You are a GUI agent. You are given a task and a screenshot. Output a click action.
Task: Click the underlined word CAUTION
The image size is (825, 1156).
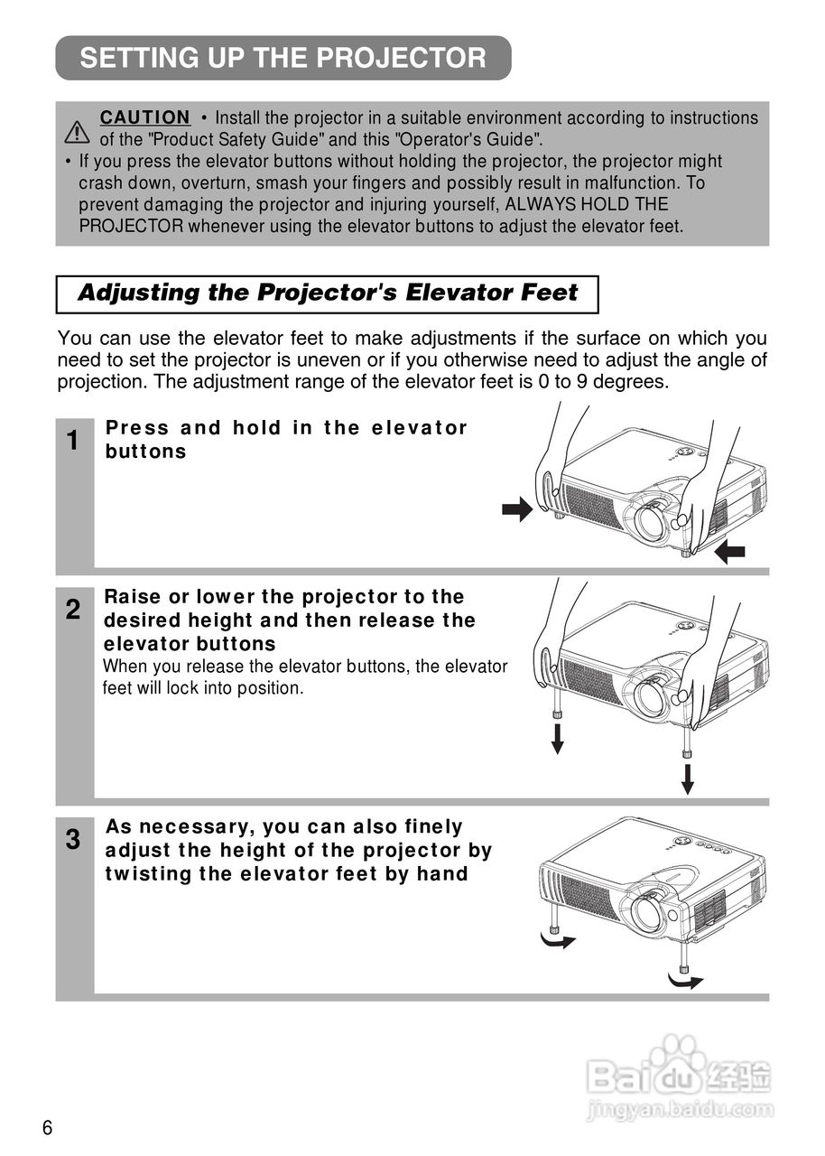click(145, 117)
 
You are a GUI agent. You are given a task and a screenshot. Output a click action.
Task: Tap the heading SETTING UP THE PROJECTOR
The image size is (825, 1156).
click(283, 59)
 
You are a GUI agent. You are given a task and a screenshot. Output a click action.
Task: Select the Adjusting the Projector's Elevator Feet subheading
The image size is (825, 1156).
click(328, 294)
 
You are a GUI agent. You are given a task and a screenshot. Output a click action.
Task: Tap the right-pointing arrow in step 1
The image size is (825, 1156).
click(518, 510)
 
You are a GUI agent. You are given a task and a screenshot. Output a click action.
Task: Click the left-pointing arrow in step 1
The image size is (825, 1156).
click(729, 552)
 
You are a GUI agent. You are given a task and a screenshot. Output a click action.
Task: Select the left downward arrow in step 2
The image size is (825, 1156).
click(558, 738)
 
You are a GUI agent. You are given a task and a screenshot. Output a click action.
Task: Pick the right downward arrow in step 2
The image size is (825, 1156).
click(688, 778)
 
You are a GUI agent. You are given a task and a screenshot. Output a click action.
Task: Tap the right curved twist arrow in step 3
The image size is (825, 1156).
click(685, 980)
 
